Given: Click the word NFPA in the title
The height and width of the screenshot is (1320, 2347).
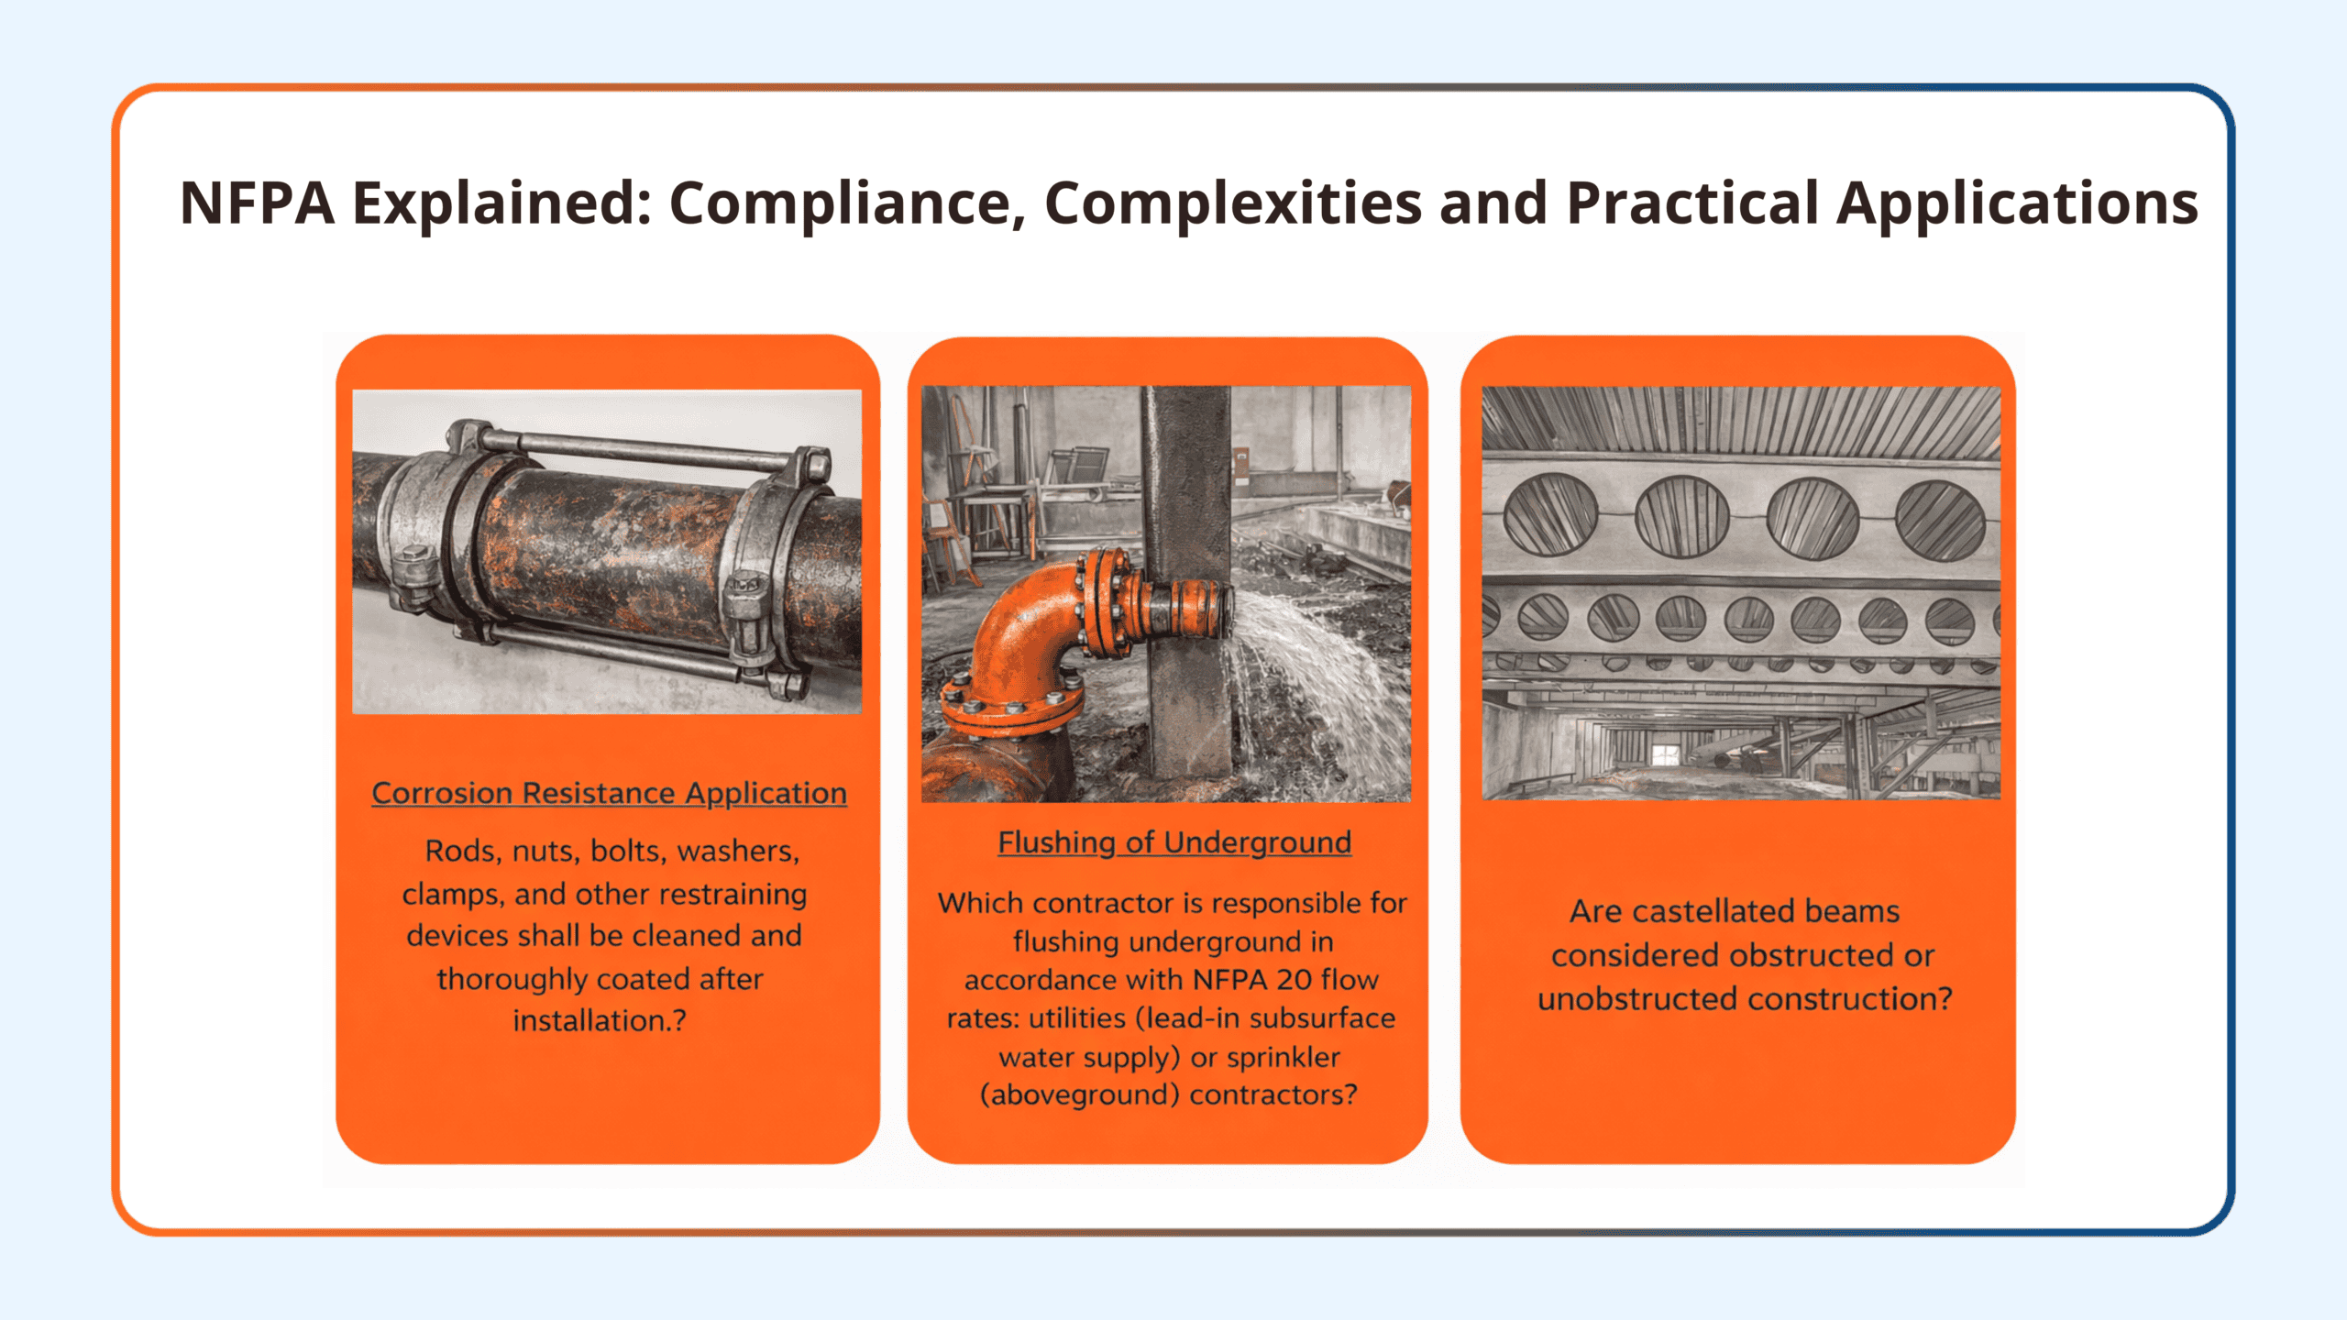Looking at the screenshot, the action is click(x=258, y=203).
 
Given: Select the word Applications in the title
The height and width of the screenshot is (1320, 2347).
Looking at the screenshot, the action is click(x=2018, y=204).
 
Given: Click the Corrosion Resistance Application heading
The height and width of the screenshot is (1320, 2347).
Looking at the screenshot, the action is click(x=609, y=793).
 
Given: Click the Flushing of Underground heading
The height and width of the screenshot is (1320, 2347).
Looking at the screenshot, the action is click(x=1174, y=842).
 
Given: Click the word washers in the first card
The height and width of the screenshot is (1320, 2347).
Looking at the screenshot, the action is click(x=738, y=852).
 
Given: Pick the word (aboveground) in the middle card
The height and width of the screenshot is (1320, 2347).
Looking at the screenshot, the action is click(x=1079, y=1095).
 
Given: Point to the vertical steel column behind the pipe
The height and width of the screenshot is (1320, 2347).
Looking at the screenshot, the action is click(x=1187, y=587).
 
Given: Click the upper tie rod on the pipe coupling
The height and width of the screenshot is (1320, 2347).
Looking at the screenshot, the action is click(x=633, y=450).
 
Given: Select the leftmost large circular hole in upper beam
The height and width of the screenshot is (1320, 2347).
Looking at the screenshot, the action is click(x=1550, y=514).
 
